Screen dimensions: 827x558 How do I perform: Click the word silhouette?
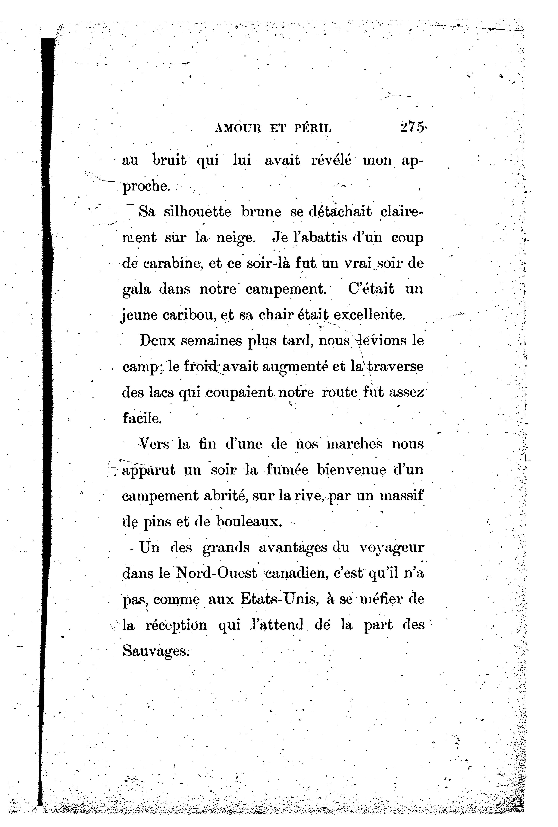tap(197, 212)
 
